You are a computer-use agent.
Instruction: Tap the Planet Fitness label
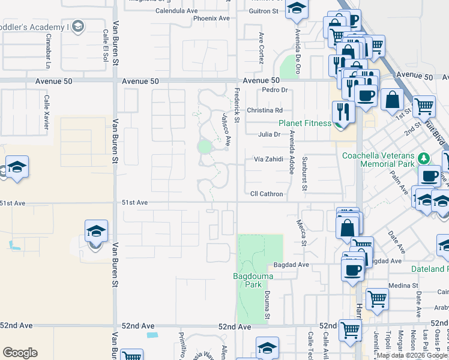tap(304, 123)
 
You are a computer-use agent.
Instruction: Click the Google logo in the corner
tap(20, 353)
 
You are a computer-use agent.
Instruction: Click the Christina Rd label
tap(264, 110)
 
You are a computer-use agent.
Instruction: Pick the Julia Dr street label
tap(269, 134)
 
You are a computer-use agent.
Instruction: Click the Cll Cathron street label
tap(267, 194)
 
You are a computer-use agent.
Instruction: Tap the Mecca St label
tap(302, 232)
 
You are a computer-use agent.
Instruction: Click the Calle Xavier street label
tap(46, 111)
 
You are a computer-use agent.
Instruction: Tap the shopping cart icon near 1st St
tap(424, 106)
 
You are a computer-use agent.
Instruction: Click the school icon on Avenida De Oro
tap(295, 9)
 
